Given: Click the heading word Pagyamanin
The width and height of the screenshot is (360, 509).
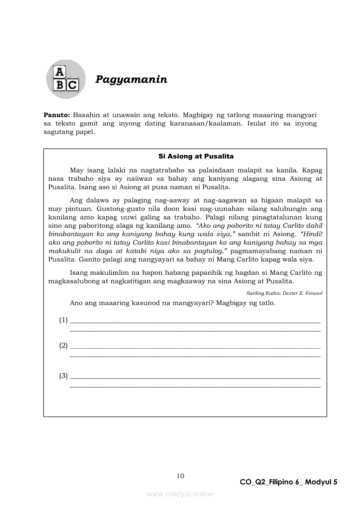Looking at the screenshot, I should tap(131, 79).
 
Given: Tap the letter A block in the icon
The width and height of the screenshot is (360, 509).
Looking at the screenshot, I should tap(59, 72).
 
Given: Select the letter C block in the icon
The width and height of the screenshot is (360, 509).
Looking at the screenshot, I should tap(72, 84).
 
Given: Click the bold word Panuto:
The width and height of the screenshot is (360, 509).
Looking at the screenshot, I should tap(57, 115).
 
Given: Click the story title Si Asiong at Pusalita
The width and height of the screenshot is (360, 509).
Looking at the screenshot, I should tap(196, 156).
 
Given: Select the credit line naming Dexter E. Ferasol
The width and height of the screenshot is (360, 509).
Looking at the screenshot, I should tap(284, 293).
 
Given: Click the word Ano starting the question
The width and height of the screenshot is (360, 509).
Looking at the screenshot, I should tap(76, 303).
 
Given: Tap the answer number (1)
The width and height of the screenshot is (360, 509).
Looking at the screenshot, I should tap(64, 320).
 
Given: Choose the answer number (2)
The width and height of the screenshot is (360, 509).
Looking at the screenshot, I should tap(64, 346).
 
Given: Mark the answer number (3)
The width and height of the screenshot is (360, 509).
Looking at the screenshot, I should tap(64, 376).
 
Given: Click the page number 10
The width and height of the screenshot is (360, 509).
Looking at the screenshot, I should tap(180, 475).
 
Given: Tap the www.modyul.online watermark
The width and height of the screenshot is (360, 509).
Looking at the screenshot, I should tap(180, 494).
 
